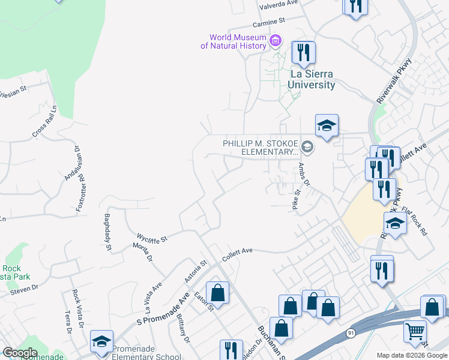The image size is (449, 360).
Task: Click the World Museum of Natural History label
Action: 234,41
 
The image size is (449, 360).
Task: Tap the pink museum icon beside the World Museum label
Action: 276,41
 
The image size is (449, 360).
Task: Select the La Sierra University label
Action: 311,80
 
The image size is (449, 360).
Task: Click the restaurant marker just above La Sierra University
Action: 304,52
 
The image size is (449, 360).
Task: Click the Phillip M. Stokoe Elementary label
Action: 261,148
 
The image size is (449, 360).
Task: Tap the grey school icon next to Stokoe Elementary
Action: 307,146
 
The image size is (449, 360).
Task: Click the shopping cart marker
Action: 415,330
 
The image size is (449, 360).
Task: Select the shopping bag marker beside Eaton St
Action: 218,293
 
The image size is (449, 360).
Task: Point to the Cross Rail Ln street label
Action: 44,122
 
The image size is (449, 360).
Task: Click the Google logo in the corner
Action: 20,353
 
